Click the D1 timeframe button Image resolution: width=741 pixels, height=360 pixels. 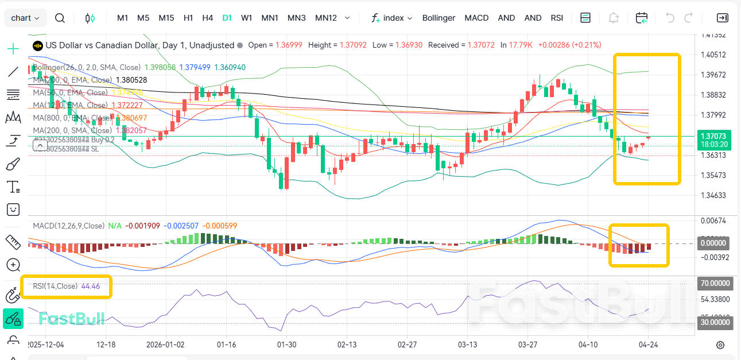227,18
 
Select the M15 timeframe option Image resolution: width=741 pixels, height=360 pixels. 166,18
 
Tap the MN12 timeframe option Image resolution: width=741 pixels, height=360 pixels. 325,18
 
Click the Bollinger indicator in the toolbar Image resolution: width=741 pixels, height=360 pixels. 439,18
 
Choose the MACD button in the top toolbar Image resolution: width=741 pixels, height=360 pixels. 476,18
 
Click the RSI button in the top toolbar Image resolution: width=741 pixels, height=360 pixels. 557,18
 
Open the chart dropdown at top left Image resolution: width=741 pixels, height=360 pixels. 25,18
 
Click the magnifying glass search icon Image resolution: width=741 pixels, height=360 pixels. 60,18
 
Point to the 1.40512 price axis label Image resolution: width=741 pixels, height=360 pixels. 713,55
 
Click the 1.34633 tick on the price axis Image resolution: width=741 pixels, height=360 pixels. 713,195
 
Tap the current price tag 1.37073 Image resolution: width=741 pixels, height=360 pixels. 714,136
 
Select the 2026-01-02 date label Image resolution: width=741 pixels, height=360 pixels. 165,344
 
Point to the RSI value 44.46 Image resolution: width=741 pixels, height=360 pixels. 91,286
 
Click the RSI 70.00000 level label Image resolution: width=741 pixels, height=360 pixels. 715,284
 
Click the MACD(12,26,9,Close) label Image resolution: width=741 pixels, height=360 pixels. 68,226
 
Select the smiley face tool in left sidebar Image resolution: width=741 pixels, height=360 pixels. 13,210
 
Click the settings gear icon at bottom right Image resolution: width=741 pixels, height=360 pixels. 720,345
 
